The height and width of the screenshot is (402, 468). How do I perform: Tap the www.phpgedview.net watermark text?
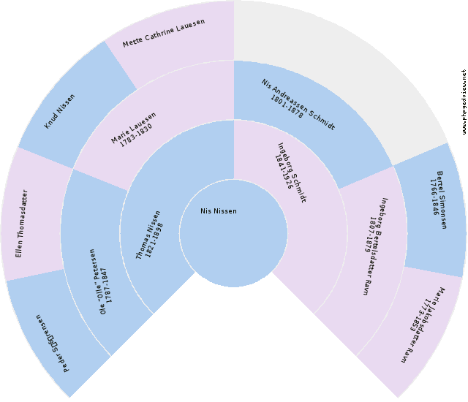tap(464, 102)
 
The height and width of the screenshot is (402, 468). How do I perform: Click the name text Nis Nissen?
tap(219, 211)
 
